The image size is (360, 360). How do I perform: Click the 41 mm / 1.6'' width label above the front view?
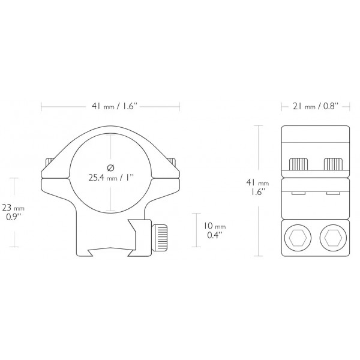(110, 106)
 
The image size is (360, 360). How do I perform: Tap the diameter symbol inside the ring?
(110, 167)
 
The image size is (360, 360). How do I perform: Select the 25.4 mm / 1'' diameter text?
(110, 178)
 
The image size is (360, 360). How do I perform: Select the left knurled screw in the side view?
(298, 164)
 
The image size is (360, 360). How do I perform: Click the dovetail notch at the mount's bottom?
(110, 250)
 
